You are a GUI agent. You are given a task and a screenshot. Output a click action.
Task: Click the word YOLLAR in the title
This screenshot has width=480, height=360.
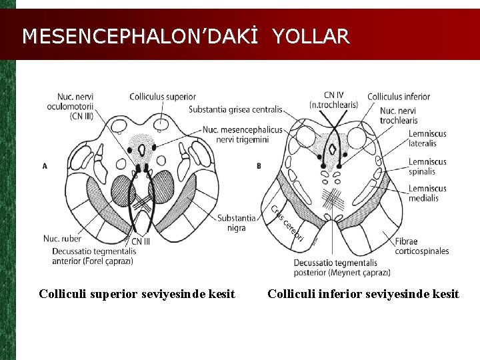(x=310, y=36)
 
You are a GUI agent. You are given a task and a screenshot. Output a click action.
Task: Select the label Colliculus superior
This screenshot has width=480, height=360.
(x=163, y=97)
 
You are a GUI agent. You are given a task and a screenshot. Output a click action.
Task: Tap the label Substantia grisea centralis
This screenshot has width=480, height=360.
(x=235, y=109)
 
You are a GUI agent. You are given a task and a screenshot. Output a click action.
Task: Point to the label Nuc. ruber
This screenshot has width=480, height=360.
(x=62, y=238)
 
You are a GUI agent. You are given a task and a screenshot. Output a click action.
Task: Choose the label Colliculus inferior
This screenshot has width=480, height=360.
(x=398, y=97)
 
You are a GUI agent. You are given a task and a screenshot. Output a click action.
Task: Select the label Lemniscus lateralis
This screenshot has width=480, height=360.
(x=427, y=139)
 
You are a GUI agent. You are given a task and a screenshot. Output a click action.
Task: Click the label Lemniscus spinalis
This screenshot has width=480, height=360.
(x=427, y=167)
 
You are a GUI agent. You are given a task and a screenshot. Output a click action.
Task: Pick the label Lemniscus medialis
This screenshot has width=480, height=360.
(x=427, y=193)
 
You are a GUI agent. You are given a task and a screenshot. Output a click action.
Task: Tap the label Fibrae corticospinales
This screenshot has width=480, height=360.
(x=421, y=246)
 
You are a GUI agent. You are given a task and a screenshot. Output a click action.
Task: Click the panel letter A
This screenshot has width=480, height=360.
(x=45, y=165)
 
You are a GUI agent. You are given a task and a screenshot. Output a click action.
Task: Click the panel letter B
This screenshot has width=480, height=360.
(x=259, y=165)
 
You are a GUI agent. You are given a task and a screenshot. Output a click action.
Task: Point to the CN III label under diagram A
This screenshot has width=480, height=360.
(x=141, y=241)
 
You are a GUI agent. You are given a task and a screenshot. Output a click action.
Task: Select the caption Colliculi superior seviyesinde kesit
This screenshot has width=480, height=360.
(x=137, y=294)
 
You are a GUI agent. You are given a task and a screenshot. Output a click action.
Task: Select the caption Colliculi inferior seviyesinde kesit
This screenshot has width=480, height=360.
(x=363, y=294)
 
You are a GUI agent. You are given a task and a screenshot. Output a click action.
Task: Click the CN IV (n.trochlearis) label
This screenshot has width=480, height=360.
(x=333, y=101)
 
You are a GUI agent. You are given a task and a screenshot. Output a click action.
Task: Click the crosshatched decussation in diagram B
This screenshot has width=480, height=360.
(x=331, y=199)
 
